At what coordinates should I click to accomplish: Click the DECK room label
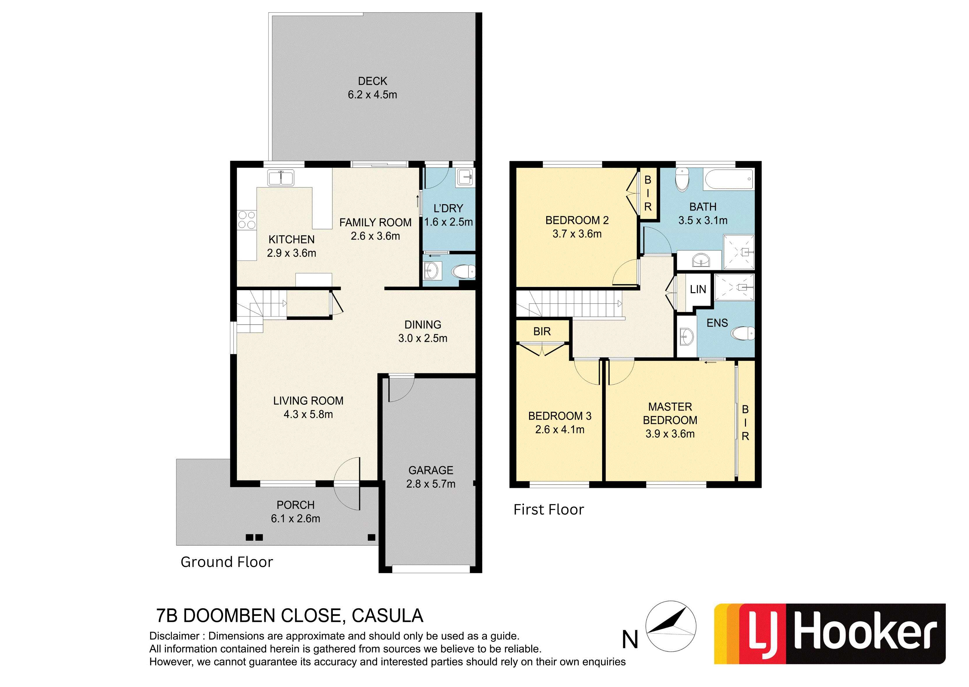(372, 81)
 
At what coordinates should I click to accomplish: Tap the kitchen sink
(281, 178)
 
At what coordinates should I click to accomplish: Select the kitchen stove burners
(247, 220)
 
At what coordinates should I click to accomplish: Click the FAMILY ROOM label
(375, 223)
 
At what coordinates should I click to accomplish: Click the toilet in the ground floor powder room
(464, 271)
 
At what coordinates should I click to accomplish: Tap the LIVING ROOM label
(308, 401)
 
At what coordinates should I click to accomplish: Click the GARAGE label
(431, 471)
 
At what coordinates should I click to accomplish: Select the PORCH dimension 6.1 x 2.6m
(296, 519)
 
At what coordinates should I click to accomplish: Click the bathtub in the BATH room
(729, 179)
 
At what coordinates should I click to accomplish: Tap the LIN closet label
(698, 289)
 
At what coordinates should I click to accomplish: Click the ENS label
(717, 323)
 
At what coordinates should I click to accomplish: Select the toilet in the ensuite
(743, 333)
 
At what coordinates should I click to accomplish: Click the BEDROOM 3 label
(560, 416)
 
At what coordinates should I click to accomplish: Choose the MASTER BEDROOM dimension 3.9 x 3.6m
(670, 434)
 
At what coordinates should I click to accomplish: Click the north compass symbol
(671, 626)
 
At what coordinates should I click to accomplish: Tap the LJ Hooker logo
(830, 634)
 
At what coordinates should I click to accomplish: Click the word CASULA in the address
(387, 616)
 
